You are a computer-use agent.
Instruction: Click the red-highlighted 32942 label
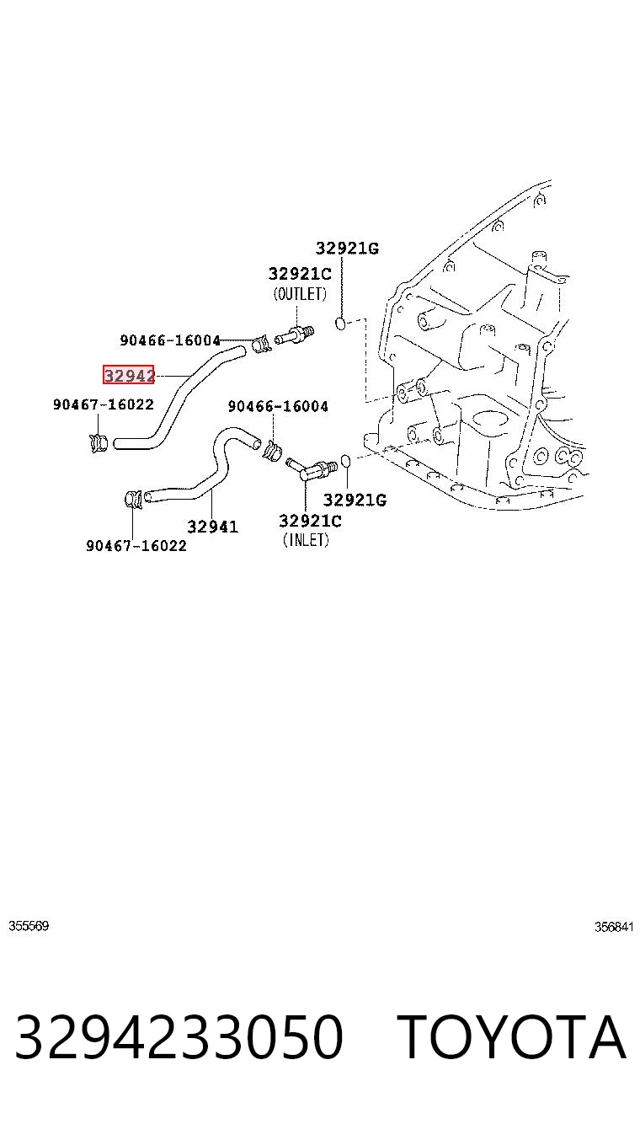(x=128, y=375)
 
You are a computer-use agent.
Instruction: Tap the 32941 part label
(x=213, y=527)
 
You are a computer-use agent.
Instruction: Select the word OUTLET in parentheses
(x=300, y=293)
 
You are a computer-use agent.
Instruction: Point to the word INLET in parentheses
(x=306, y=540)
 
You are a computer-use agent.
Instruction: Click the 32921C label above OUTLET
(x=300, y=274)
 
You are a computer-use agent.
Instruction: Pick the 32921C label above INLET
(x=310, y=521)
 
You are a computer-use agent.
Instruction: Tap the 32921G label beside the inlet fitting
(x=355, y=500)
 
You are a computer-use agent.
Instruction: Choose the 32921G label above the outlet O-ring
(x=347, y=248)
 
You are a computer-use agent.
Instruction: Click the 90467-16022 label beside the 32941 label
(x=136, y=545)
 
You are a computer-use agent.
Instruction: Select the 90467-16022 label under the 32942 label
(x=104, y=404)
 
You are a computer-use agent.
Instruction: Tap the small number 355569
(x=29, y=926)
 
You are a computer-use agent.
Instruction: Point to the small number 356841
(x=615, y=927)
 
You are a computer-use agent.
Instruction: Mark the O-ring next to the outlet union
(x=340, y=324)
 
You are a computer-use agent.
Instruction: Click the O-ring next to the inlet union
(x=345, y=461)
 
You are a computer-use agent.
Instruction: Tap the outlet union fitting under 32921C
(x=295, y=335)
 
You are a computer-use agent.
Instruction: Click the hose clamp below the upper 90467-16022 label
(x=99, y=442)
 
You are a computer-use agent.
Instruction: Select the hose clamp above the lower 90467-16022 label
(x=133, y=500)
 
